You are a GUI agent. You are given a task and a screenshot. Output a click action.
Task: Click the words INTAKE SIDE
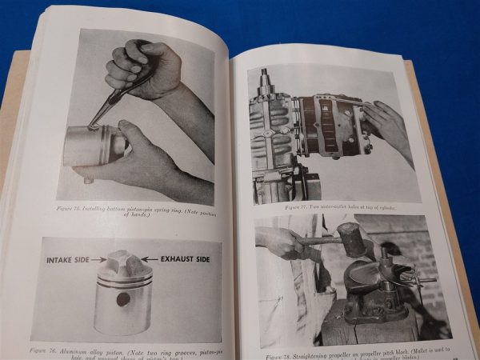69,260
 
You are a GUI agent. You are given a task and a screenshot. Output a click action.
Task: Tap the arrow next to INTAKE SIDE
98,260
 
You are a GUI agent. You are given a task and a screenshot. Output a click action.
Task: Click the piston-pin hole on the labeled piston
124,298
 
